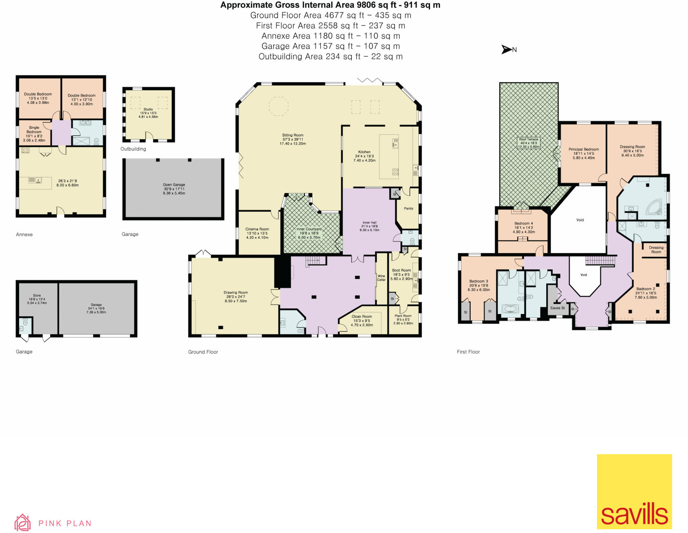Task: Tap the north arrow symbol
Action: [506, 50]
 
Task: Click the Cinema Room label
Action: [257, 229]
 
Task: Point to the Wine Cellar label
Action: [381, 278]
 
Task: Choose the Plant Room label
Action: [403, 316]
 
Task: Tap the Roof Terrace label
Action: [528, 139]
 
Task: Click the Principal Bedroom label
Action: [584, 149]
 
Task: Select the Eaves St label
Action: [558, 308]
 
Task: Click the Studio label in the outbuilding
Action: [148, 109]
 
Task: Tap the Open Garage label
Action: [174, 185]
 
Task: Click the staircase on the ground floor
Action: [315, 261]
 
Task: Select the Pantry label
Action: [408, 209]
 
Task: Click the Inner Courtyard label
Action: [309, 229]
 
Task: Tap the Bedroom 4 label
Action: [523, 223]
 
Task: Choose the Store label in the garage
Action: [37, 296]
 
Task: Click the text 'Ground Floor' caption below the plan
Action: [203, 352]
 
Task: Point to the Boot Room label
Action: [401, 270]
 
